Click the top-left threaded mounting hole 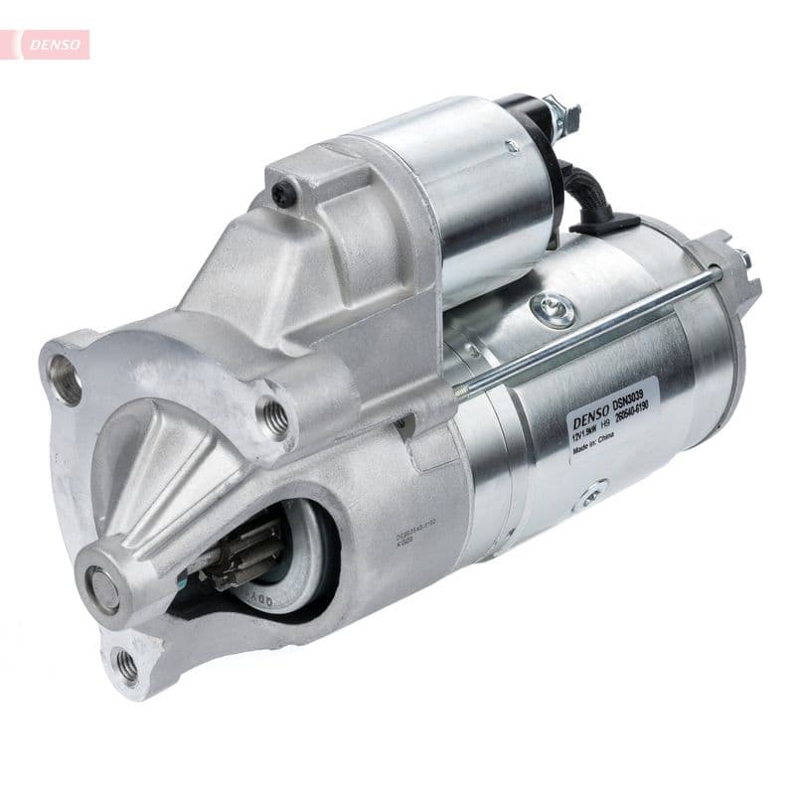(x=66, y=380)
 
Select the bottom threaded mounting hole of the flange (x=126, y=664)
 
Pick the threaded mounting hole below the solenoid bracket (x=276, y=418)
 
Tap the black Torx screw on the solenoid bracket (x=285, y=195)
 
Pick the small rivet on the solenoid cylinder (x=512, y=146)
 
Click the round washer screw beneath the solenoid (x=553, y=308)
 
